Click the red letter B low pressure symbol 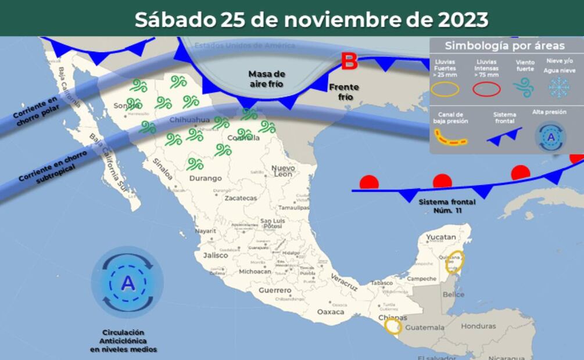(349, 61)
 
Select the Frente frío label (344, 92)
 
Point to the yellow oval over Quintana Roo (454, 262)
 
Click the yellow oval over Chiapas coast (393, 327)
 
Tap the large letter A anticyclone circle (127, 282)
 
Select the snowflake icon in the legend (559, 88)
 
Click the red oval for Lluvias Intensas (486, 88)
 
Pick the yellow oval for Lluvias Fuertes (445, 89)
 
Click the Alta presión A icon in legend (550, 137)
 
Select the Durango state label (205, 178)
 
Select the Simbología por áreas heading (504, 46)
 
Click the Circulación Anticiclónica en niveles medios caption (123, 341)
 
